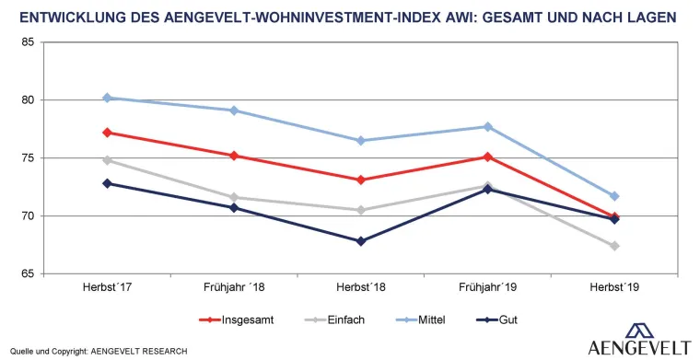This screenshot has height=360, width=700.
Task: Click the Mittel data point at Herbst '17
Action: tap(107, 98)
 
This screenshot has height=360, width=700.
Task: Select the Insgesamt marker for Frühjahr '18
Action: tap(234, 156)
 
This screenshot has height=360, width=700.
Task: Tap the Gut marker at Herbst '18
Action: tap(361, 241)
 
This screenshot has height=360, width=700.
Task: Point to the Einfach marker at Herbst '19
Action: tap(614, 246)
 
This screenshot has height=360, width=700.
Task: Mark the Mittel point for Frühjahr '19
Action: tap(488, 126)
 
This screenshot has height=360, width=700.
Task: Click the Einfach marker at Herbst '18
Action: tap(361, 210)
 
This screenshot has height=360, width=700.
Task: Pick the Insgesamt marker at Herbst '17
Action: tap(107, 133)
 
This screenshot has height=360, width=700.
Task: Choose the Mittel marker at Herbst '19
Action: tap(614, 196)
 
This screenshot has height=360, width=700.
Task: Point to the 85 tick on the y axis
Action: tap(26, 42)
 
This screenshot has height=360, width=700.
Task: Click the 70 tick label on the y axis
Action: tap(26, 216)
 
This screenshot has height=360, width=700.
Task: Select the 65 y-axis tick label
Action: tap(26, 274)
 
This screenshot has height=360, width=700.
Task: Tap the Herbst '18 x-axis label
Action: tap(361, 289)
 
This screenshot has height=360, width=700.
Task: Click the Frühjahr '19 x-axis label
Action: tap(488, 289)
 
